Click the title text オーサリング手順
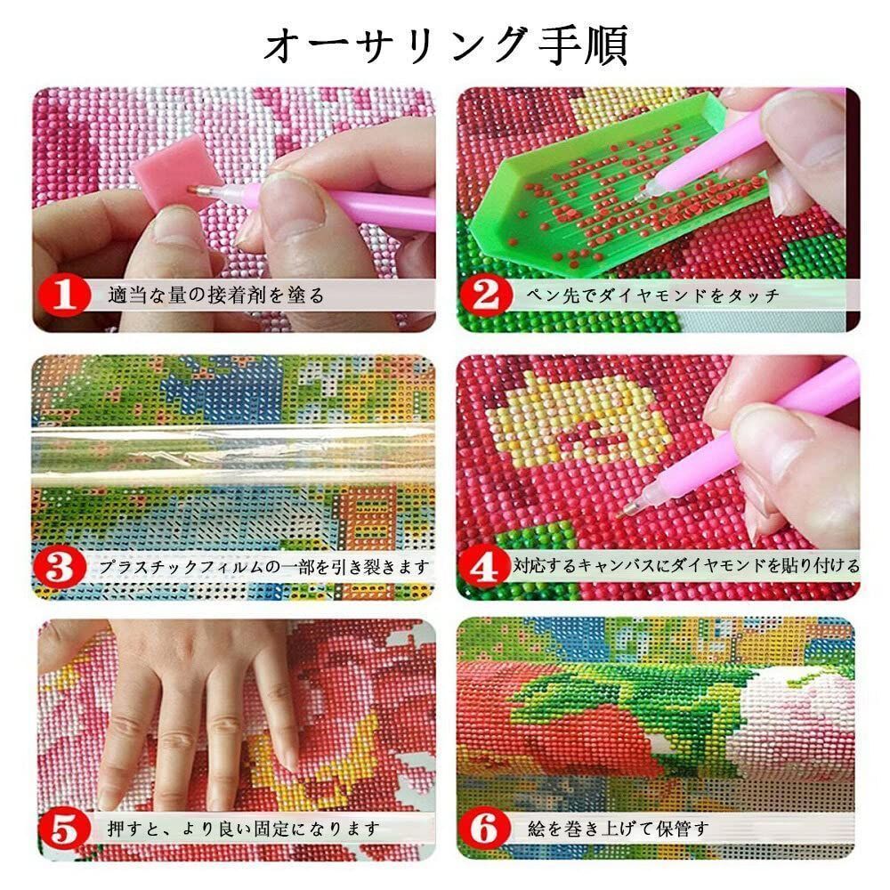[445, 44]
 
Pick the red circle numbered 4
[486, 564]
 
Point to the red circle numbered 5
[63, 829]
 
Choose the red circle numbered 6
[486, 829]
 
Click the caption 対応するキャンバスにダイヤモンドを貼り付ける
[685, 565]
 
